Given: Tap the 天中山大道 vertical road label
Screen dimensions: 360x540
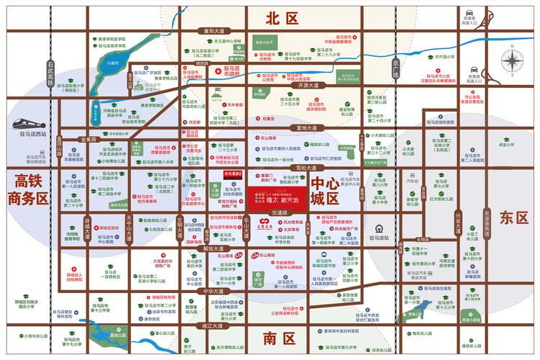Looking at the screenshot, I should click(130, 228).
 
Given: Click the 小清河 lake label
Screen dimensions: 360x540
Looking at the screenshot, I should click(112, 63).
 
